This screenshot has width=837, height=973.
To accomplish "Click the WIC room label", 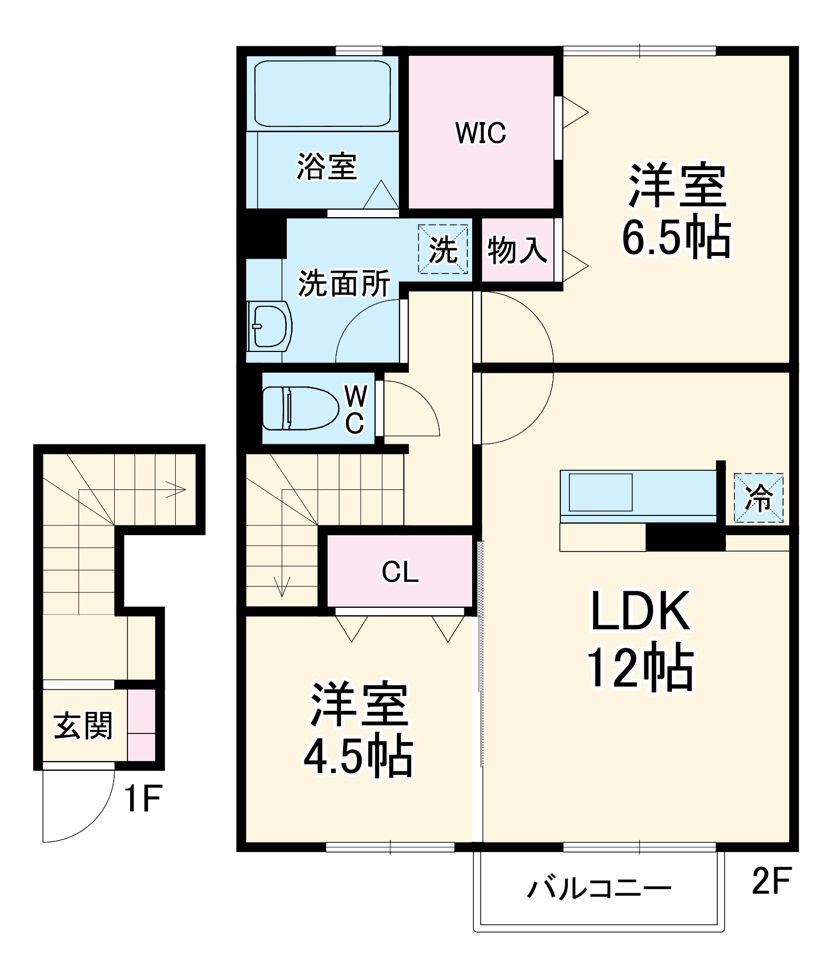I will [481, 133].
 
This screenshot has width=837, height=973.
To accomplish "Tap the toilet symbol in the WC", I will [300, 408].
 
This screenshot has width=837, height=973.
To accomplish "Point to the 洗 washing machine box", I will [443, 249].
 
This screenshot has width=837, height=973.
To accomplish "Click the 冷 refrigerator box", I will [758, 498].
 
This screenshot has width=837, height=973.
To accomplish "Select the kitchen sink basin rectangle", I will [601, 492].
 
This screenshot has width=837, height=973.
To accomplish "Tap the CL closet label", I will [400, 572].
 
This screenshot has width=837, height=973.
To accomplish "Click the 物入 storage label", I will [517, 249].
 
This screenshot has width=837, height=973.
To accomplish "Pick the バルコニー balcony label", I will [599, 888].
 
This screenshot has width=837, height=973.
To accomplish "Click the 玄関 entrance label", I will [83, 726].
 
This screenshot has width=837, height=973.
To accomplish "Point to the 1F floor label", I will [142, 800].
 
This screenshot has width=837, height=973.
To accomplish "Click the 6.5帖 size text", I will [676, 238].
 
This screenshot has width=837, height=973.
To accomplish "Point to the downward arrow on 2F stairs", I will [281, 587].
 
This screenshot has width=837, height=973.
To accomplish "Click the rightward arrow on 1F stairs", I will [175, 489].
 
